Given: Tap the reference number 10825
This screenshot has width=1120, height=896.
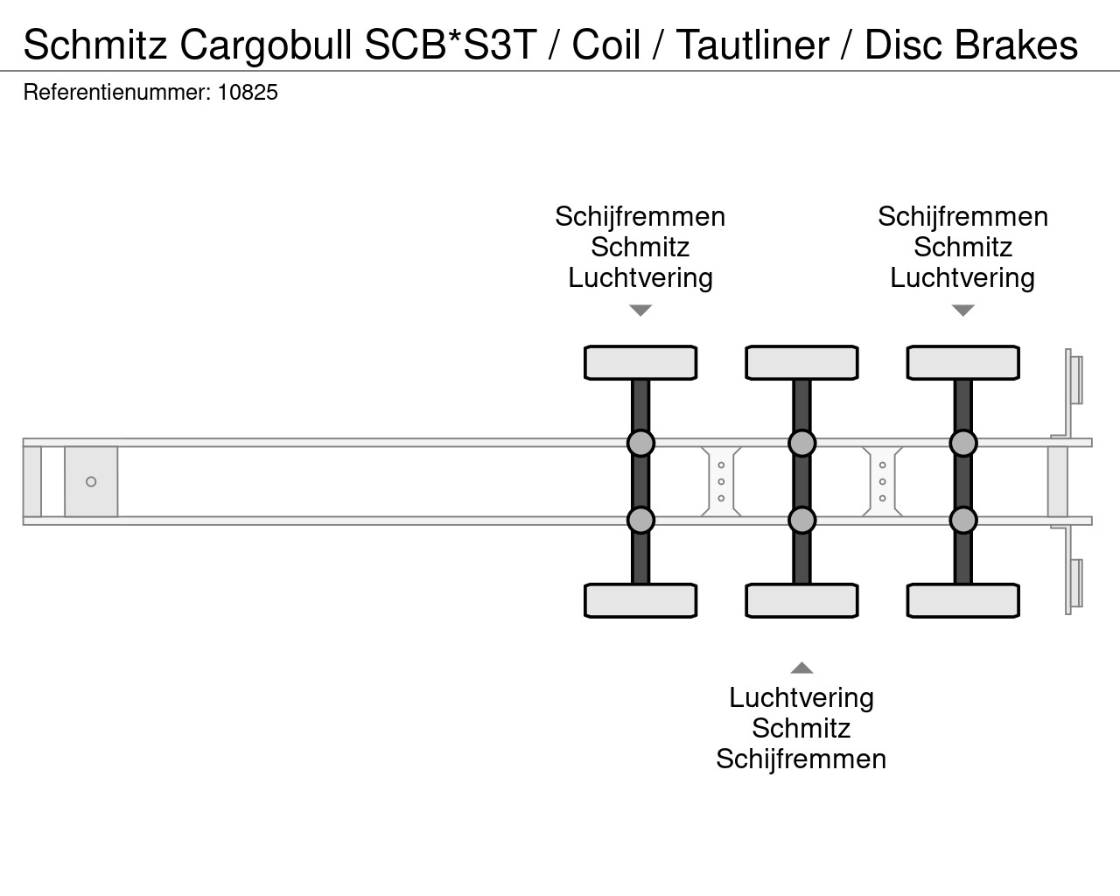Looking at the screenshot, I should [248, 93].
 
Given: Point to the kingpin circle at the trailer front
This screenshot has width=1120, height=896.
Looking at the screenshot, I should [91, 482].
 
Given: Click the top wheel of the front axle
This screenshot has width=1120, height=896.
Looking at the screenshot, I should [640, 363].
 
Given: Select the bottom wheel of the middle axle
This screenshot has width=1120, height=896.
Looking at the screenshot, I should [801, 601].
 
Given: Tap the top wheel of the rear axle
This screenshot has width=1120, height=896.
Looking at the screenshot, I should [962, 363].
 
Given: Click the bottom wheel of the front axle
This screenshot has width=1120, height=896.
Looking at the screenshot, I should [640, 601].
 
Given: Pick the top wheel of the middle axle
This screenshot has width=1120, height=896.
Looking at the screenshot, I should [801, 363].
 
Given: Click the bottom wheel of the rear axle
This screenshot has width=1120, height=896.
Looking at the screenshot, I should [962, 601].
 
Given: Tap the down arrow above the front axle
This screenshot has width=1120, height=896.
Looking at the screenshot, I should [640, 311].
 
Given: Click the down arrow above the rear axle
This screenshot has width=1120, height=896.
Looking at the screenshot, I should [962, 311].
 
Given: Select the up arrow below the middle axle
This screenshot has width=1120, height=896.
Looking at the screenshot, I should [801, 668].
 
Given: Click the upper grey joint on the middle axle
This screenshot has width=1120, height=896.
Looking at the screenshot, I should [801, 444].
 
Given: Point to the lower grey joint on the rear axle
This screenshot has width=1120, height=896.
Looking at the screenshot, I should [962, 521].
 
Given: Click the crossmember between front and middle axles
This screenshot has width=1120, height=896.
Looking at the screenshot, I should [721, 482].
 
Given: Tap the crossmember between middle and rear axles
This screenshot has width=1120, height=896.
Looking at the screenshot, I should [882, 482].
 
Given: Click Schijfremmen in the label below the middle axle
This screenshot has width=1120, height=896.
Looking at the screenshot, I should [801, 759].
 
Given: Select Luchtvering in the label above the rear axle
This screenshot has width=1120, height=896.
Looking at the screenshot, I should [962, 278].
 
